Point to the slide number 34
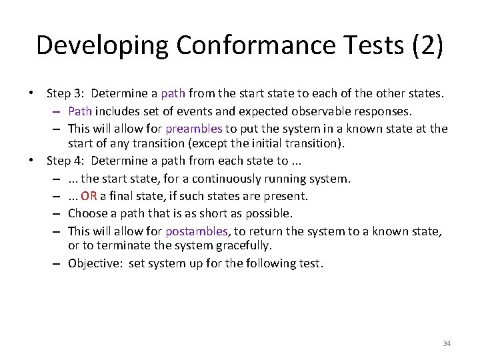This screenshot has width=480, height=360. tap(447, 343)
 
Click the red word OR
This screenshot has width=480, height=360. tap(89, 196)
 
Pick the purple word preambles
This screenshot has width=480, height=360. tap(194, 129)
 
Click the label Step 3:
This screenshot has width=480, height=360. tap(67, 94)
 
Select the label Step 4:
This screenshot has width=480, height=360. tap(67, 161)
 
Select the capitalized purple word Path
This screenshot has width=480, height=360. tap(79, 111)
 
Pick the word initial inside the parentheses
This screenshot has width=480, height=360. tap(281, 144)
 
